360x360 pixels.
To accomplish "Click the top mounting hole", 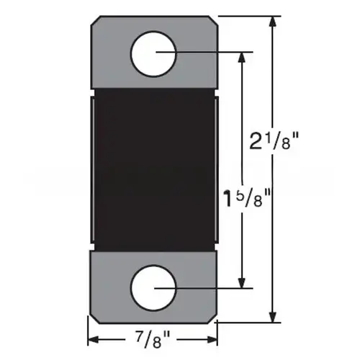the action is pos(153,54).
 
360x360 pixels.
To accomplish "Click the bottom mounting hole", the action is pos(153,288).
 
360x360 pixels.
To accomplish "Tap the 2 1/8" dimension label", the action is pos(274,141).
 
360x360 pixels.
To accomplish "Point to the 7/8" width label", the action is pos(153,339).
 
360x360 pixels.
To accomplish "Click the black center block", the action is pos(154,170).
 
